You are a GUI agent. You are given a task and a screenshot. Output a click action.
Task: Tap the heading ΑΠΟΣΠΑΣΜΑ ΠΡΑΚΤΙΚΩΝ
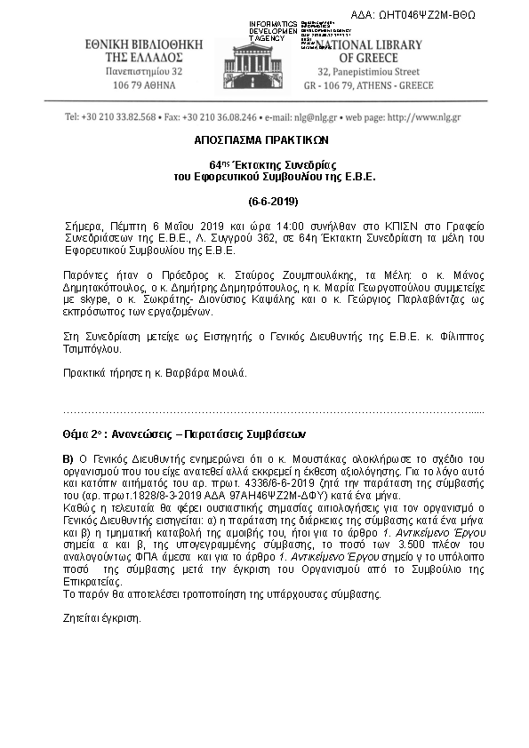tap(262, 140)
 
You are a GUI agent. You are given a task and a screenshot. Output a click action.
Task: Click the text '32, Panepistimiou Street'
tap(377, 71)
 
